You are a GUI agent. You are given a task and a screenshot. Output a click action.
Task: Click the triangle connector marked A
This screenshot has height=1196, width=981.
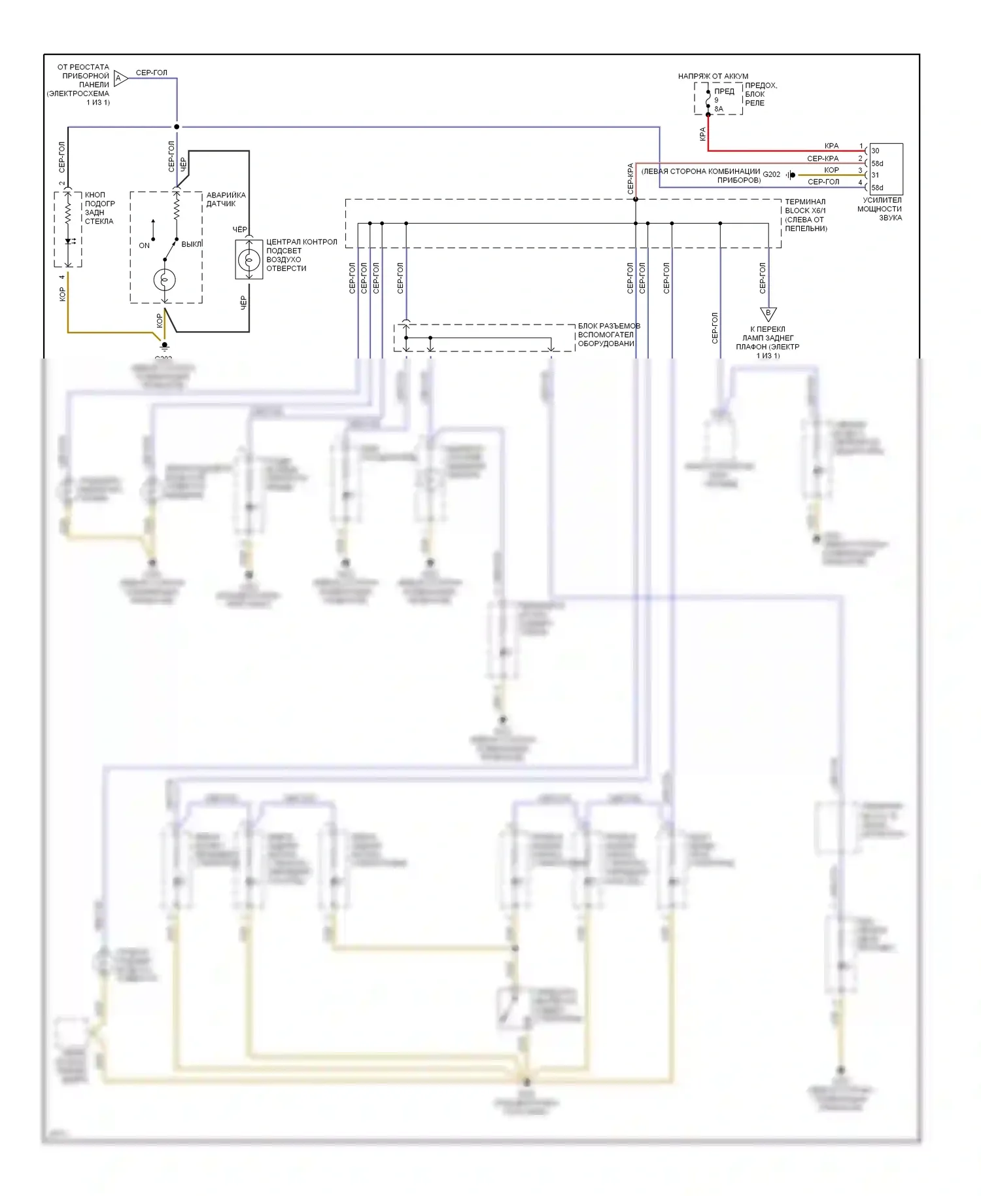click(x=120, y=79)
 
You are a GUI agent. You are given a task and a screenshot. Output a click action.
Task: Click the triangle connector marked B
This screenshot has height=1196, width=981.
click(x=768, y=314)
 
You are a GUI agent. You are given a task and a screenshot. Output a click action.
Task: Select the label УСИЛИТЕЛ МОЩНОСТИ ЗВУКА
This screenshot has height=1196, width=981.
click(x=881, y=209)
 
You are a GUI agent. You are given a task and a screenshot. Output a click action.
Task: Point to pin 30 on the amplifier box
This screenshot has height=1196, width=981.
click(x=875, y=151)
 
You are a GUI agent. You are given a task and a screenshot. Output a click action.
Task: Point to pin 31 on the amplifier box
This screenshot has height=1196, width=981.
click(x=875, y=175)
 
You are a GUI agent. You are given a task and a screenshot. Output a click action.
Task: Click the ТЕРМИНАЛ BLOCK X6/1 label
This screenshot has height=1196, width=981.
click(x=806, y=215)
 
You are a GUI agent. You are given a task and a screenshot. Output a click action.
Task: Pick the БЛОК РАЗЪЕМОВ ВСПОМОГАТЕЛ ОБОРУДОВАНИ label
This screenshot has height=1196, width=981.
click(x=608, y=334)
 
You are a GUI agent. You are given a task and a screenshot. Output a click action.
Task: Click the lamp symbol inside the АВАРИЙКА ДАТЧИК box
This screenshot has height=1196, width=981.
click(x=165, y=280)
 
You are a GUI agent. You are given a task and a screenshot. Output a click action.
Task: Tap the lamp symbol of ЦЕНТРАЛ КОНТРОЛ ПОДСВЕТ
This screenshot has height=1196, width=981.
click(x=249, y=260)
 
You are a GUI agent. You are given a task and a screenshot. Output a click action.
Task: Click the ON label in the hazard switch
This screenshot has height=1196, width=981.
click(x=144, y=245)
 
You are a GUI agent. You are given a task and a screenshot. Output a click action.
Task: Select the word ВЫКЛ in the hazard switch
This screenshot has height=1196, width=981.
click(x=191, y=244)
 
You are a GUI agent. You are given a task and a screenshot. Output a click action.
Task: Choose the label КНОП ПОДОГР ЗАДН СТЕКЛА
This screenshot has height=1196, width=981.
click(x=99, y=208)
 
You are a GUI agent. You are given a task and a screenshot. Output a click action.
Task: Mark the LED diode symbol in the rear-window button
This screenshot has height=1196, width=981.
click(x=68, y=241)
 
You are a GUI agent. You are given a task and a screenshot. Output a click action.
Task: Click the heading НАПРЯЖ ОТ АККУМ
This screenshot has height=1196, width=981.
click(x=713, y=77)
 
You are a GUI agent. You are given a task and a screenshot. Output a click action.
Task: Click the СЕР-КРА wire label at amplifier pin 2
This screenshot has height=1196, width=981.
click(x=822, y=158)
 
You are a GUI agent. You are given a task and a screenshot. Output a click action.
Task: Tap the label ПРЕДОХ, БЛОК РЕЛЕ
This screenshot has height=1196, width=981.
click(x=761, y=94)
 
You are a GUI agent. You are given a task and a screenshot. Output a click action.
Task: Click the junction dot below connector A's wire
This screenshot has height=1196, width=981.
click(x=177, y=127)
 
